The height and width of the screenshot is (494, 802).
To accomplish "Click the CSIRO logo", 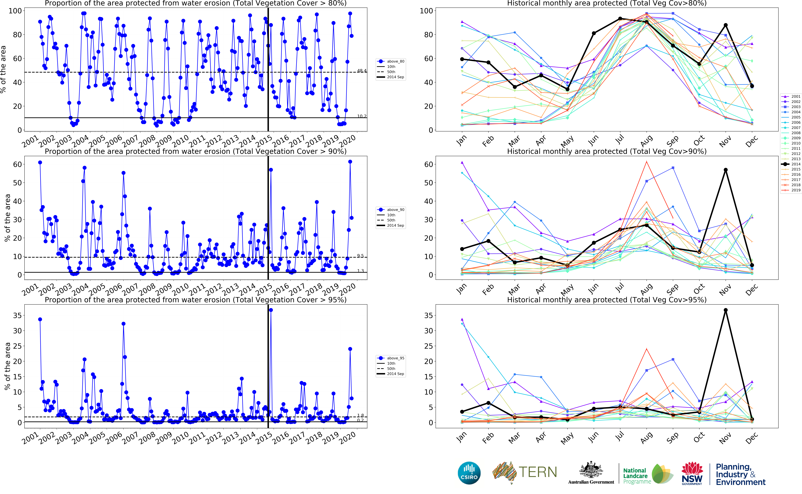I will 469,473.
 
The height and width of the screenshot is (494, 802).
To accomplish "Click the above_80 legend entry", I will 395,61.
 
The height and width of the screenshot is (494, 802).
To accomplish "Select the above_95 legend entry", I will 395,358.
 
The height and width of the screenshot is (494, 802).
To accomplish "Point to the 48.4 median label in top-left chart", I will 362,71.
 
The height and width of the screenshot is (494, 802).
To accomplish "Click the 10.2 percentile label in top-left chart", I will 362,116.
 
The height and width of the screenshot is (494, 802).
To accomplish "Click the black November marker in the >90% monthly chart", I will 726,170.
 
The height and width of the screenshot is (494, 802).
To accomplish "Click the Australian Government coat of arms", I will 591,470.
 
